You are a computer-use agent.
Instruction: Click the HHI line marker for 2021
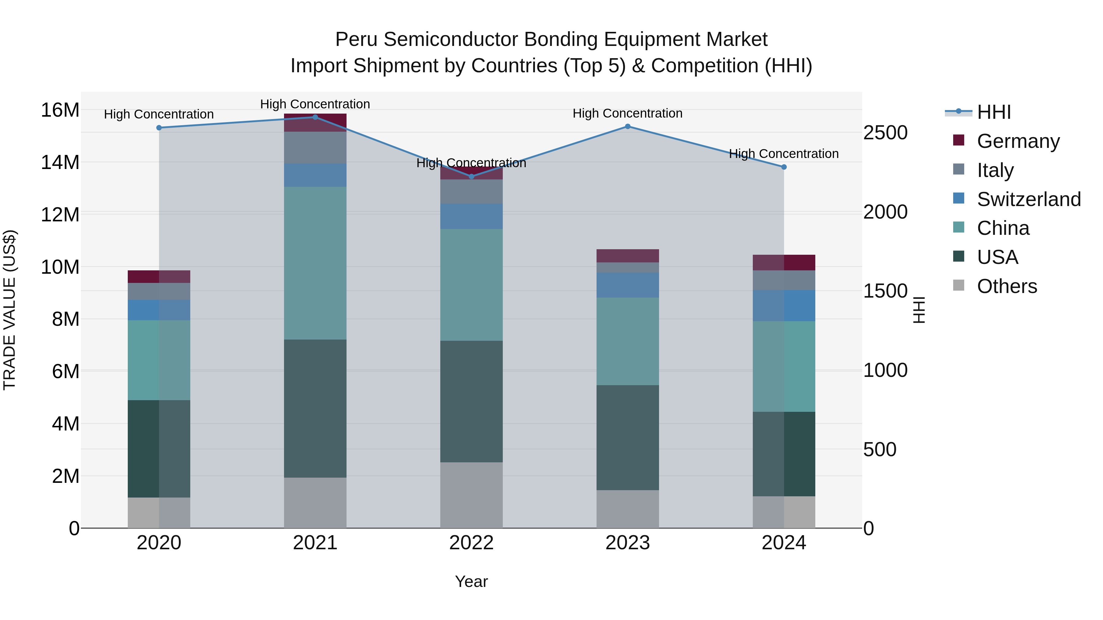(315, 117)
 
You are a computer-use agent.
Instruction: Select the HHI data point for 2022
(472, 176)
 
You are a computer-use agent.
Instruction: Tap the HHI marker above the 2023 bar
(628, 126)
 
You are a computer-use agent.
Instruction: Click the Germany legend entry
(1018, 141)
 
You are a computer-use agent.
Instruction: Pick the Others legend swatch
(959, 285)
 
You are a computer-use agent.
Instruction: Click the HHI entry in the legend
(993, 112)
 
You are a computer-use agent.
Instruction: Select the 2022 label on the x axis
(472, 543)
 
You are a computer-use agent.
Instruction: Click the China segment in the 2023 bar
(628, 341)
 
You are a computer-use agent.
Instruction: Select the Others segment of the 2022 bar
(472, 495)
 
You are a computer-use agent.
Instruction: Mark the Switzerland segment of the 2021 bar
(315, 175)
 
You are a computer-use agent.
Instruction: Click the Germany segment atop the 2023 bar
(628, 255)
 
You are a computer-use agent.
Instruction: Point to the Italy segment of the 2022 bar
(472, 191)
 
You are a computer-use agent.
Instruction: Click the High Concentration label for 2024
(783, 154)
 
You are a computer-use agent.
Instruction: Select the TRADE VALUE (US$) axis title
(9, 310)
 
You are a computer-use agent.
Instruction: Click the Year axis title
(472, 581)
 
